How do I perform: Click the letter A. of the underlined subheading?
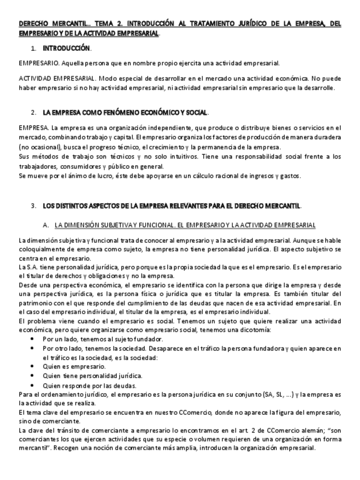pyautogui.click(x=46, y=225)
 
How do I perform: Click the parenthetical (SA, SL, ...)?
pyautogui.click(x=281, y=394)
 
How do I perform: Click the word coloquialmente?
pyautogui.click(x=42, y=249)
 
